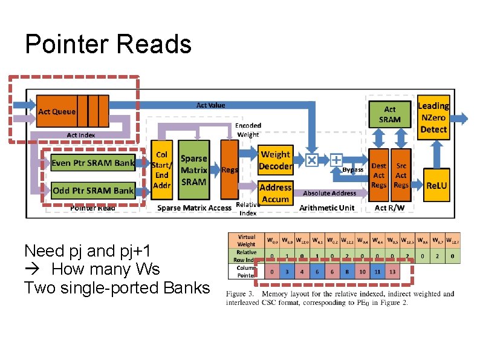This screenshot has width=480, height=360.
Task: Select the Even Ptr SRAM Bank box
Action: click(92, 163)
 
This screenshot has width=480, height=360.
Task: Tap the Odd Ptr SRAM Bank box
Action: click(92, 190)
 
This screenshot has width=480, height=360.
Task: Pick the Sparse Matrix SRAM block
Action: click(194, 170)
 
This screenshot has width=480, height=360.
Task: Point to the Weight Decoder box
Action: click(275, 160)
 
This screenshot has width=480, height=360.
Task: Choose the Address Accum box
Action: click(275, 193)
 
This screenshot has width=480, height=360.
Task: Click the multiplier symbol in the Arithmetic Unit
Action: click(311, 160)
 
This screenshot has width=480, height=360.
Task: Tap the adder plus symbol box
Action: click(336, 160)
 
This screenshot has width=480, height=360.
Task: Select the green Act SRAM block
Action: click(390, 114)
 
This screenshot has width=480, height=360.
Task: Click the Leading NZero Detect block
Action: click(433, 117)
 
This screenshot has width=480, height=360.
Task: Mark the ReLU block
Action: click(436, 185)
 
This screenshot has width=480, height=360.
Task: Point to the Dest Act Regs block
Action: click(379, 175)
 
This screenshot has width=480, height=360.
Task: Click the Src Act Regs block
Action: click(401, 175)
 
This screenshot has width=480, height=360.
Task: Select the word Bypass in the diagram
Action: click(353, 170)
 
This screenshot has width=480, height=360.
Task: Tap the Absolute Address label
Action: click(329, 193)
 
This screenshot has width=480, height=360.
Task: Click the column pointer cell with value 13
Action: click(392, 272)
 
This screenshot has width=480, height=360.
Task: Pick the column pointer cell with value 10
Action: click(363, 272)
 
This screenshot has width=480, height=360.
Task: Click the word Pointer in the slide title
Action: click(66, 44)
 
